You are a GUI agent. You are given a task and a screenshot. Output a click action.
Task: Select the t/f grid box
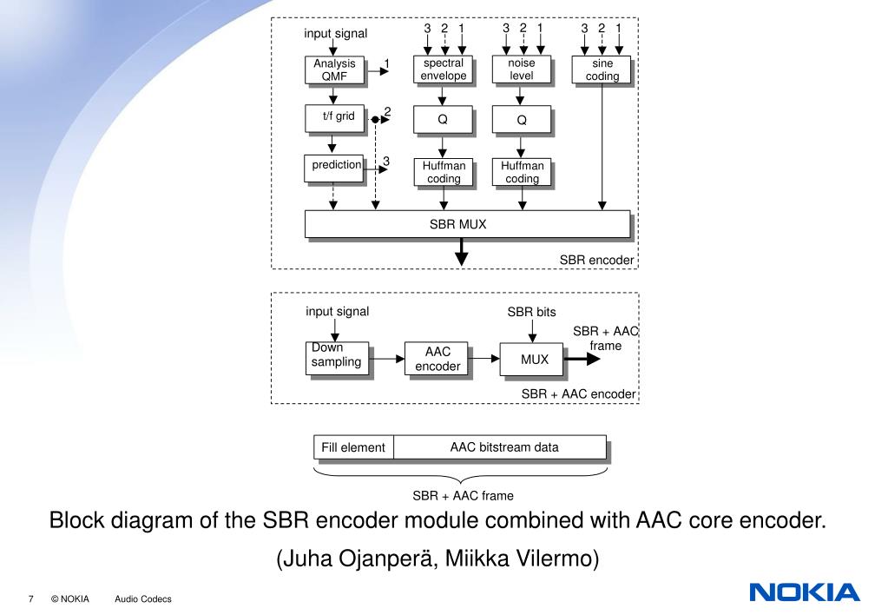coord(332,116)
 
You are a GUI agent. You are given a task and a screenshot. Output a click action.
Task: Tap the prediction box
coord(333,167)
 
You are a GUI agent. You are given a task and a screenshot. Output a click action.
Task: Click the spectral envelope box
coord(443,69)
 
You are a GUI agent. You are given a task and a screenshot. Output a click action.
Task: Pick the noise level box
coord(521,69)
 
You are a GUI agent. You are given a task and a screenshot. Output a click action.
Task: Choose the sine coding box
coord(602,69)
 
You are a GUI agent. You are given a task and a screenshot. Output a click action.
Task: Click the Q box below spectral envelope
coord(443,120)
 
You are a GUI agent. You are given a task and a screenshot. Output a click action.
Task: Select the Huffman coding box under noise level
coord(522,171)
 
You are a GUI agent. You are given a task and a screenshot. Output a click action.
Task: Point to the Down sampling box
coord(337,357)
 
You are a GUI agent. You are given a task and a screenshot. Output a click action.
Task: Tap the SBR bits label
coord(531,312)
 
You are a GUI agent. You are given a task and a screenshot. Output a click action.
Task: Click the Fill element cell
coord(353,447)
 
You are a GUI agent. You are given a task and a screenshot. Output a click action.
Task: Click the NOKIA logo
coord(803,593)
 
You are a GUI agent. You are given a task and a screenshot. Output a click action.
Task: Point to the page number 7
coord(30,599)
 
